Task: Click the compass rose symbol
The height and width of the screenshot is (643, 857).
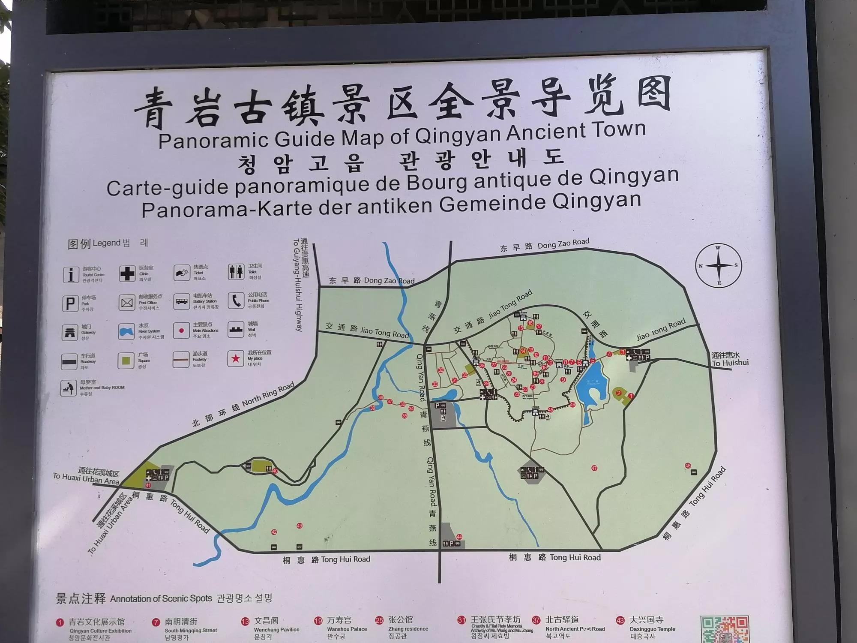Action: click(719, 265)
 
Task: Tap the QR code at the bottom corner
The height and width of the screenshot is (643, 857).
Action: click(724, 629)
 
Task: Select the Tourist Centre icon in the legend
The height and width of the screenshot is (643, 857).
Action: click(71, 274)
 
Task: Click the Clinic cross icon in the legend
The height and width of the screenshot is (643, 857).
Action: click(127, 273)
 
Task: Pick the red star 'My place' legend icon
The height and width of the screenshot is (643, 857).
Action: click(235, 358)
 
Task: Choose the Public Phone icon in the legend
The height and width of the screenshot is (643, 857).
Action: click(236, 300)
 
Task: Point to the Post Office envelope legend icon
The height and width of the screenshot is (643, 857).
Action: click(127, 303)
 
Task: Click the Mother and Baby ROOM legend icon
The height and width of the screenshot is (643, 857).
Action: click(68, 388)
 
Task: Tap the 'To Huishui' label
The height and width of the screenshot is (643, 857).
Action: click(730, 363)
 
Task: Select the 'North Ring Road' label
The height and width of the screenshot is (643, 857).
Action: click(268, 395)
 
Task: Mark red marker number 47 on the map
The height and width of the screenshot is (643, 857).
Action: click(594, 468)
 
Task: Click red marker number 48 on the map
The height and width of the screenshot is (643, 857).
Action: click(688, 466)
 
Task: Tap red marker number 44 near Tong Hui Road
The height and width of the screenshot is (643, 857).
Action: click(459, 537)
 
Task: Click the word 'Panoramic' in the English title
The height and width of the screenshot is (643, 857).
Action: click(213, 140)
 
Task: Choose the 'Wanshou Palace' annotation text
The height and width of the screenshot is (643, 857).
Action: click(347, 629)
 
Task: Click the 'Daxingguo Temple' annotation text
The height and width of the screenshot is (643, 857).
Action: click(652, 629)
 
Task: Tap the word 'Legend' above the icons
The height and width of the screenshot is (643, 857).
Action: click(106, 243)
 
